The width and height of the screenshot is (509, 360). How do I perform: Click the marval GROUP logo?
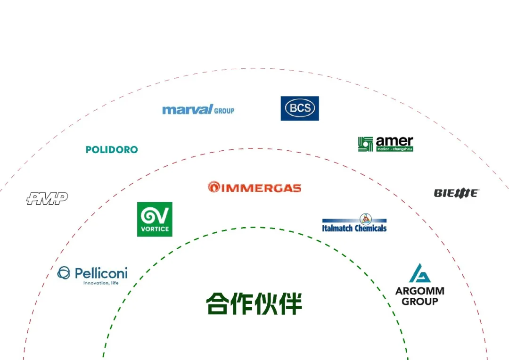click(198, 110)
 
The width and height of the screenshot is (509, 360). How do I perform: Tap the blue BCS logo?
click(300, 108)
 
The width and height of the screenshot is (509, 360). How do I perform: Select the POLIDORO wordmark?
click(112, 150)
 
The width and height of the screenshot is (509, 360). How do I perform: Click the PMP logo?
click(47, 198)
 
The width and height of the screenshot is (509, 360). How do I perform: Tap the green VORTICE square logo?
click(155, 219)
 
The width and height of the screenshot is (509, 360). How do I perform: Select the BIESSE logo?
click(456, 193)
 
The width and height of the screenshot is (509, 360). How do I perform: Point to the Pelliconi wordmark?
click(101, 273)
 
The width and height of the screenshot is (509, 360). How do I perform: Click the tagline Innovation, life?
click(101, 283)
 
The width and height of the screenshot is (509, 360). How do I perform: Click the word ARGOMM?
click(419, 291)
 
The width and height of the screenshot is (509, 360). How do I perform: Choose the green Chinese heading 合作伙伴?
click(254, 303)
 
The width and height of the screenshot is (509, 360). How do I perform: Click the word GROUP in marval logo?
click(224, 111)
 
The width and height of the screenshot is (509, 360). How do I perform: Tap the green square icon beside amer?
click(365, 144)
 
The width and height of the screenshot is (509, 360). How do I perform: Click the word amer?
click(394, 141)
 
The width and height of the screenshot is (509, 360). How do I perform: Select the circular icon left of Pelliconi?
click(64, 273)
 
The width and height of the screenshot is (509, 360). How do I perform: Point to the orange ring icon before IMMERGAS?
click(213, 187)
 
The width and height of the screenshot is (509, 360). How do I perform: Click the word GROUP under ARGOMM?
click(419, 302)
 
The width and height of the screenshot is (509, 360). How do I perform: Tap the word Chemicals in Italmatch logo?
click(370, 228)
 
